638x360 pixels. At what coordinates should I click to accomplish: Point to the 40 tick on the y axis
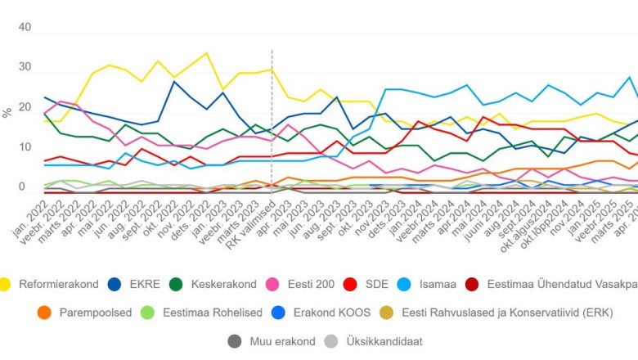[x=24, y=27]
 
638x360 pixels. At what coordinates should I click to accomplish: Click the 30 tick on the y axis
[x=24, y=67]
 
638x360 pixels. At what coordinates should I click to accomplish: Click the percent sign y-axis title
[x=7, y=113]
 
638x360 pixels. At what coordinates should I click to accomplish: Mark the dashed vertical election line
[x=272, y=123]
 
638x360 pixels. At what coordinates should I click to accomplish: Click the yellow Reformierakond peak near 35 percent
[x=206, y=53]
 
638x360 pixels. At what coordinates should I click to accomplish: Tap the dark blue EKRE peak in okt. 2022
[x=174, y=82]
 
